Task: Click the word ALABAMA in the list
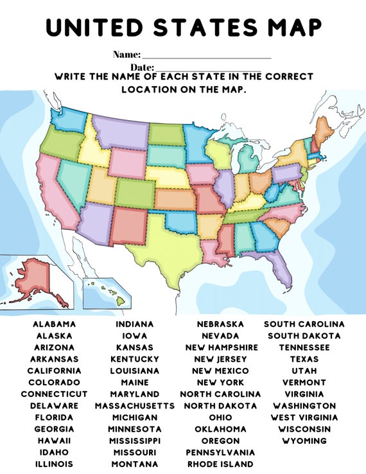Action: [x=54, y=324]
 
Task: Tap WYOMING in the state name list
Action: [x=304, y=441]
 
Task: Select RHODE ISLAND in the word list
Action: [x=221, y=464]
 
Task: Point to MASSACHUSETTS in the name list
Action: [x=135, y=406]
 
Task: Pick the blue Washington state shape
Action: [x=69, y=119]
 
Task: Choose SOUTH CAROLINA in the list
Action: [x=304, y=324]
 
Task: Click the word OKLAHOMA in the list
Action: [x=221, y=429]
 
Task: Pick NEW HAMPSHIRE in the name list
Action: [x=221, y=347]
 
